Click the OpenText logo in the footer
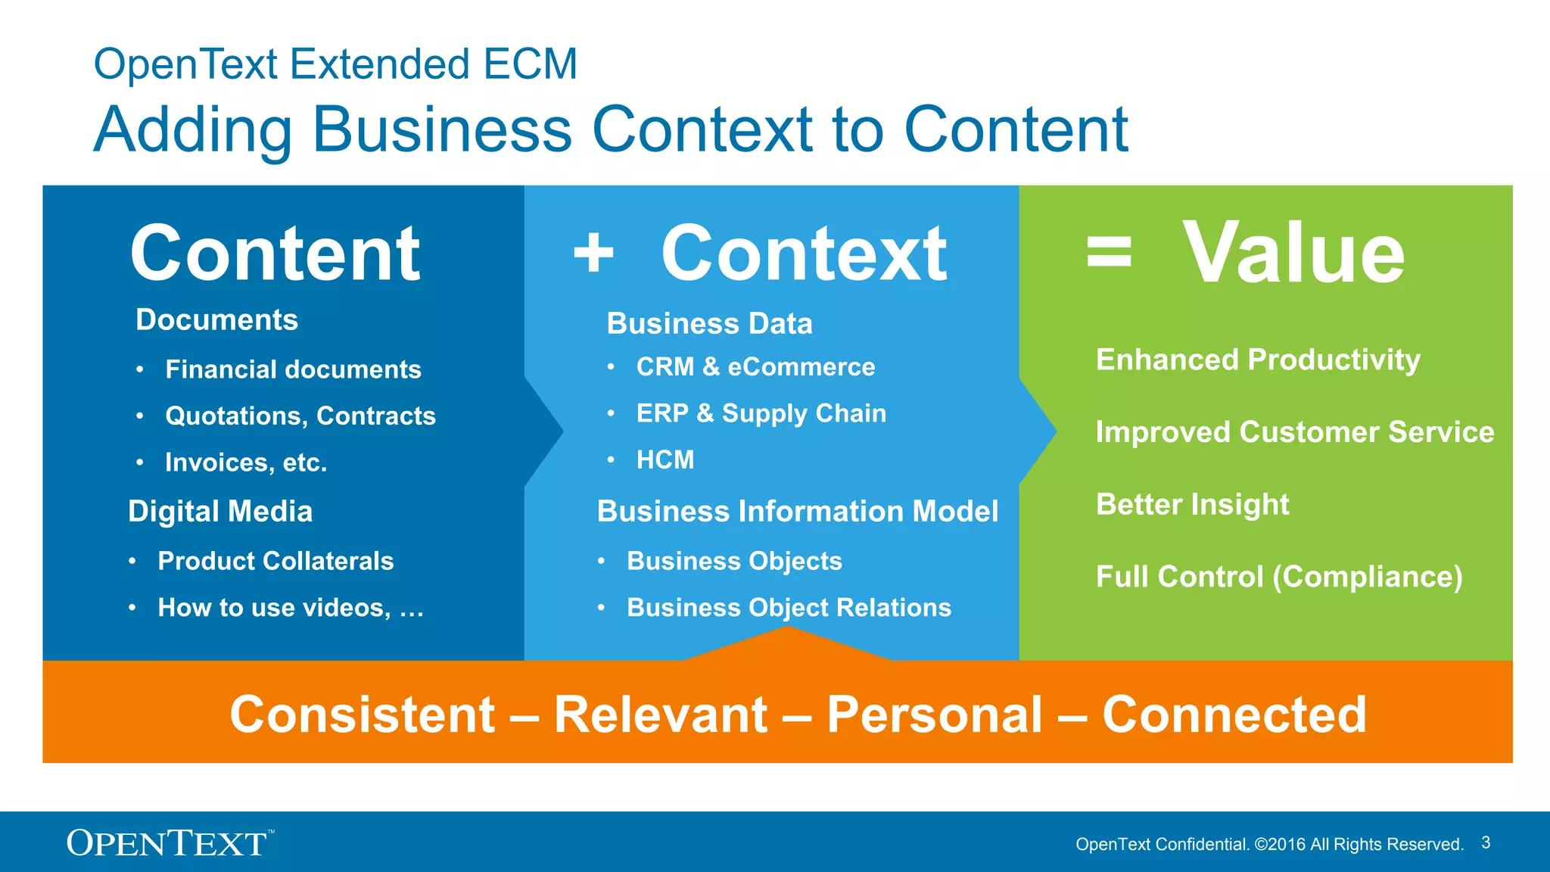[x=169, y=842]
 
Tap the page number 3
[x=1486, y=842]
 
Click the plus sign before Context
[x=593, y=253]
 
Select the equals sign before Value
[x=1109, y=253]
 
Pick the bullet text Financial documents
[x=293, y=369]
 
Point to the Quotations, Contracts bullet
[x=300, y=416]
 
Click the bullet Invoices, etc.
[x=246, y=462]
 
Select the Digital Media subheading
[x=220, y=512]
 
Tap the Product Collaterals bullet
[x=275, y=561]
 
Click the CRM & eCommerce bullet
[x=755, y=367]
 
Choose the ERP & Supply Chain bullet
[x=761, y=413]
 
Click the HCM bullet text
[x=665, y=459]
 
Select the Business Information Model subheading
[x=798, y=512]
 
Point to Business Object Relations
[x=789, y=608]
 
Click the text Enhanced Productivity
[x=1258, y=360]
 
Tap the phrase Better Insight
[x=1192, y=504]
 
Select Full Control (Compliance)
[x=1279, y=577]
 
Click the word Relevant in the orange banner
[x=661, y=715]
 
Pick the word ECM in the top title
[x=531, y=64]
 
